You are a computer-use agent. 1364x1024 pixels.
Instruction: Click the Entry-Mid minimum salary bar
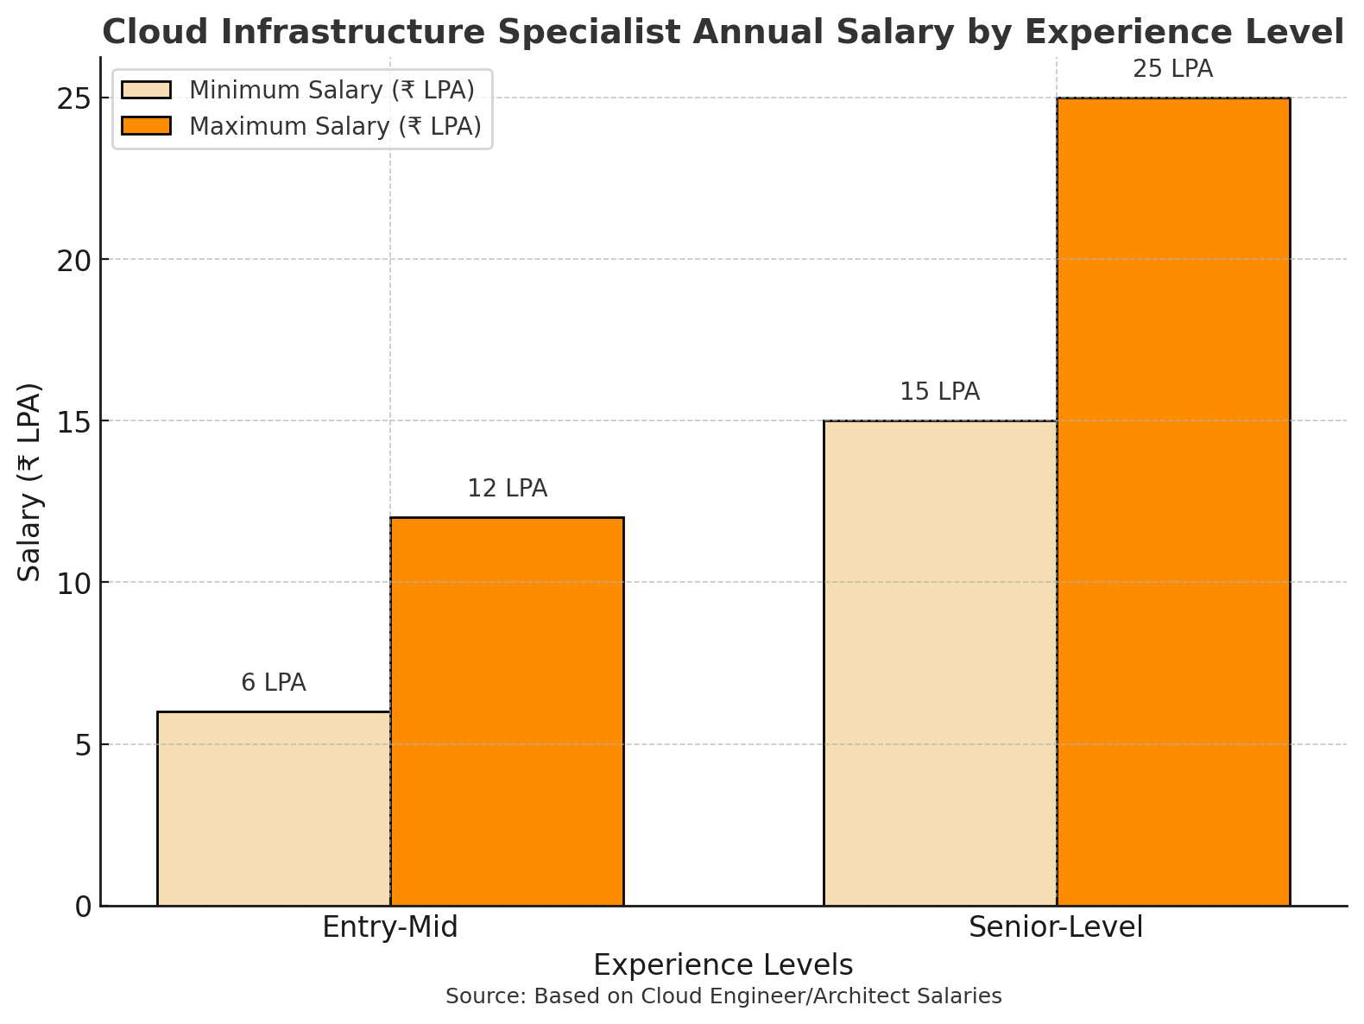(x=274, y=808)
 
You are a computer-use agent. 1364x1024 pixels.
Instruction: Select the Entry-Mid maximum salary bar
(x=507, y=711)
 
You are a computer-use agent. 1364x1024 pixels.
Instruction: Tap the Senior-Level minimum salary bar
(x=940, y=663)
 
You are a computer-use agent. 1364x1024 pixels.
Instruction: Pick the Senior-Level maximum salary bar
(x=1173, y=502)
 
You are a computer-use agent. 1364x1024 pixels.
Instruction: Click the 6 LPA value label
(x=274, y=683)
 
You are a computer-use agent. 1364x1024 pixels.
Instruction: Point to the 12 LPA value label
(x=508, y=489)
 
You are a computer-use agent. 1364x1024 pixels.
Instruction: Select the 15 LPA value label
(x=940, y=392)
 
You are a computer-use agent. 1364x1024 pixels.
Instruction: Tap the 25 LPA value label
(x=1173, y=69)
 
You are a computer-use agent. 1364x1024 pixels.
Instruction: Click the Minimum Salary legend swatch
(x=147, y=90)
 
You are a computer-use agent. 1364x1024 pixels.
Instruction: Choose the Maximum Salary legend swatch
(x=147, y=126)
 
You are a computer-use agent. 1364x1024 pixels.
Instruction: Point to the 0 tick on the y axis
(x=83, y=907)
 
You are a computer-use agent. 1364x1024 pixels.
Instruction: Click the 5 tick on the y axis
(x=83, y=744)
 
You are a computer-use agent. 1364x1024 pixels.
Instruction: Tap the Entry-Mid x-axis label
(x=390, y=927)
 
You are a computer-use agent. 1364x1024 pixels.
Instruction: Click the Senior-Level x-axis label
(x=1056, y=927)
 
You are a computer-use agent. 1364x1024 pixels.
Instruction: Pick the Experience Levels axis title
(x=723, y=965)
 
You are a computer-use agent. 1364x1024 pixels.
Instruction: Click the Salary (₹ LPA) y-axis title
(x=30, y=481)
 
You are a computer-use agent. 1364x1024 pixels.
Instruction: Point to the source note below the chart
(x=723, y=996)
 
